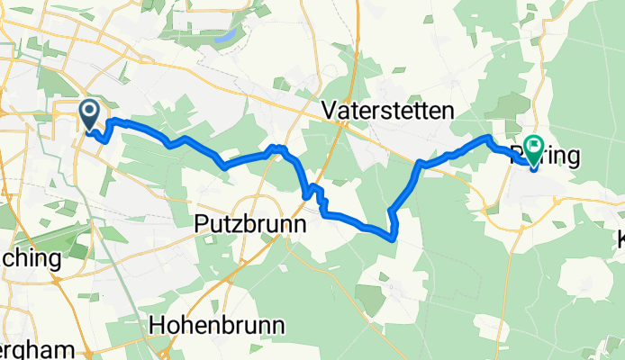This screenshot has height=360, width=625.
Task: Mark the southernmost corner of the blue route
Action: pos(393,238)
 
